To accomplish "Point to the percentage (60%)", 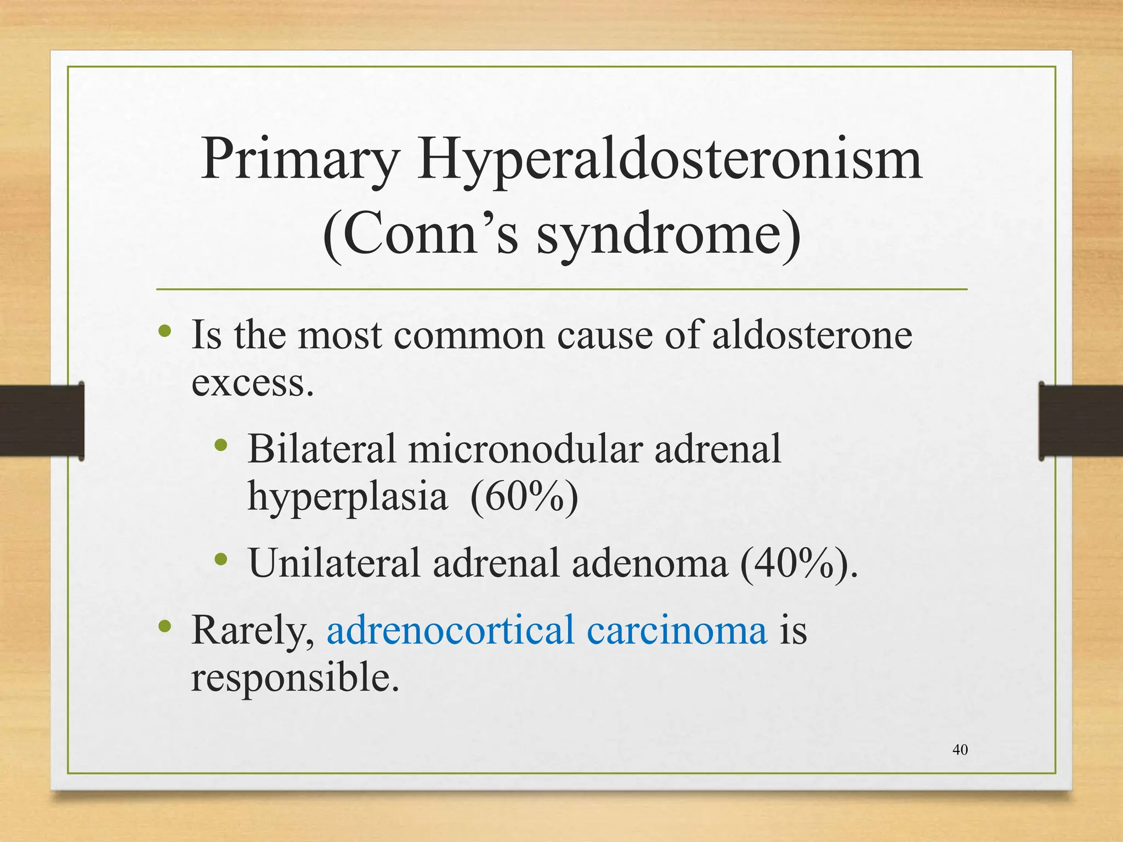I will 524,497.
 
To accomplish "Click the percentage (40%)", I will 798,564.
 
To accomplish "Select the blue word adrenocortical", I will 450,630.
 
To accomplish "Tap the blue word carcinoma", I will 677,631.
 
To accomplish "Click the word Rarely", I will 252,631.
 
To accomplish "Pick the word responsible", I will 294,679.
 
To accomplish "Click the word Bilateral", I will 321,448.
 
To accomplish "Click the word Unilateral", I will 334,563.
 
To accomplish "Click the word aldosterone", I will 812,335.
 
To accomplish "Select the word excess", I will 252,383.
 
